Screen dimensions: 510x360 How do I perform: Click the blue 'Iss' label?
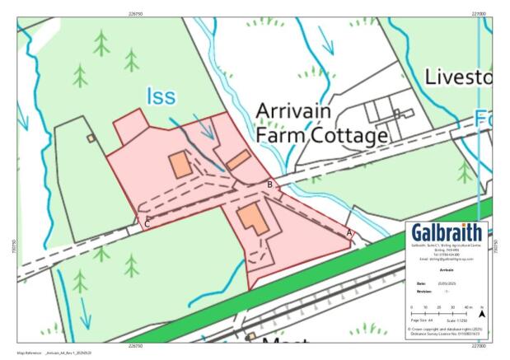click(x=161, y=97)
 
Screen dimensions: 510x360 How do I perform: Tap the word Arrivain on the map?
click(x=294, y=112)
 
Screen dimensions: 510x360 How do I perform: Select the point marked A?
click(x=350, y=233)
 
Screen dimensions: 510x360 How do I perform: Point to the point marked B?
click(x=269, y=185)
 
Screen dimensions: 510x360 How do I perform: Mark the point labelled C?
click(x=147, y=223)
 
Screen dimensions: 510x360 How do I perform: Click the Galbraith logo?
click(x=447, y=232)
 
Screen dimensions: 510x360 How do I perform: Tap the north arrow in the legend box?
click(x=482, y=313)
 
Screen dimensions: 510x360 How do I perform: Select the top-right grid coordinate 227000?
click(x=479, y=14)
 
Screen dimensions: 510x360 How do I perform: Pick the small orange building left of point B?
click(x=239, y=160)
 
